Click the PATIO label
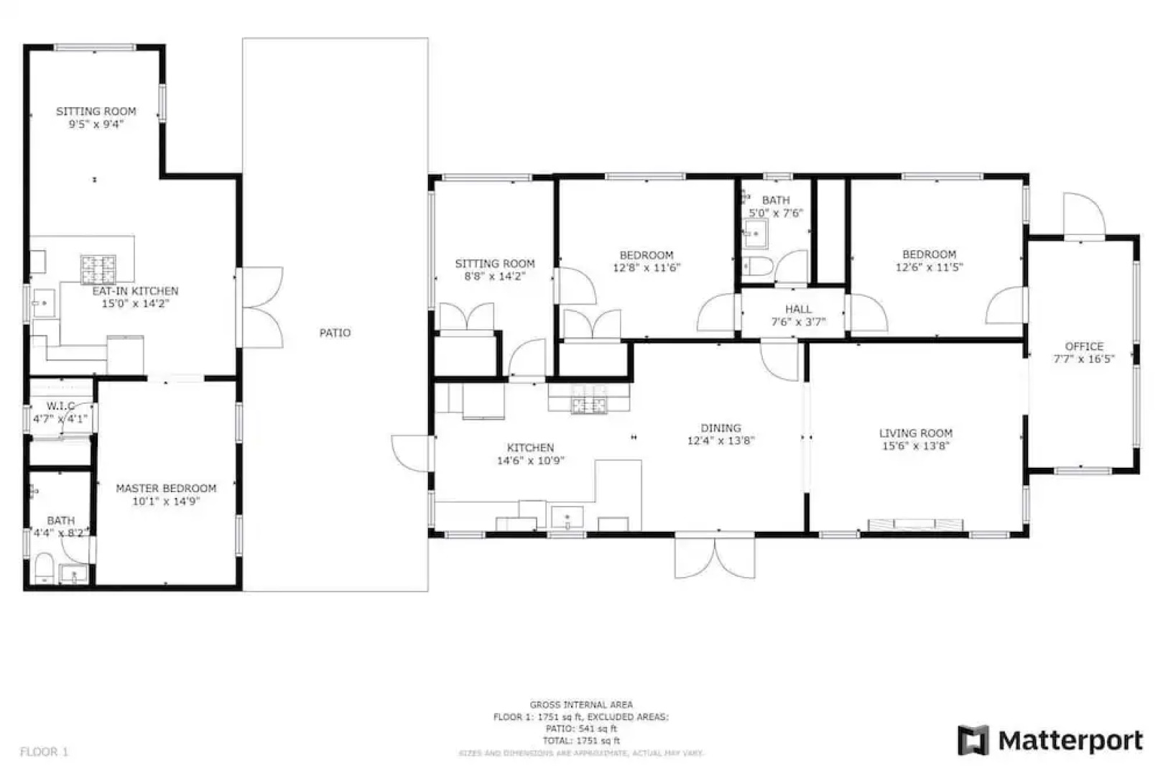tap(335, 333)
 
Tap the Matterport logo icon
tap(973, 740)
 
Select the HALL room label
tap(798, 309)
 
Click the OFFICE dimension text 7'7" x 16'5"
tap(1083, 359)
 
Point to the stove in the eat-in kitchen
tap(98, 269)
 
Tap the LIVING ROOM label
tap(915, 433)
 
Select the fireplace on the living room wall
tap(915, 525)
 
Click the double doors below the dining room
tap(715, 557)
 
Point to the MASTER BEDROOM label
tap(166, 489)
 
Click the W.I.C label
tap(60, 406)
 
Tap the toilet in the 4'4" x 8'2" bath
tap(43, 569)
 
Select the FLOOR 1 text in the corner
tap(44, 752)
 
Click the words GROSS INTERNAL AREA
tap(581, 705)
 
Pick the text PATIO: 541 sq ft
tap(581, 729)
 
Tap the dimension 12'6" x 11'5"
tap(929, 267)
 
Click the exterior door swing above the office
tap(1083, 213)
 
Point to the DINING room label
tap(720, 428)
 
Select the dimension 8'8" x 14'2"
tap(495, 277)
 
